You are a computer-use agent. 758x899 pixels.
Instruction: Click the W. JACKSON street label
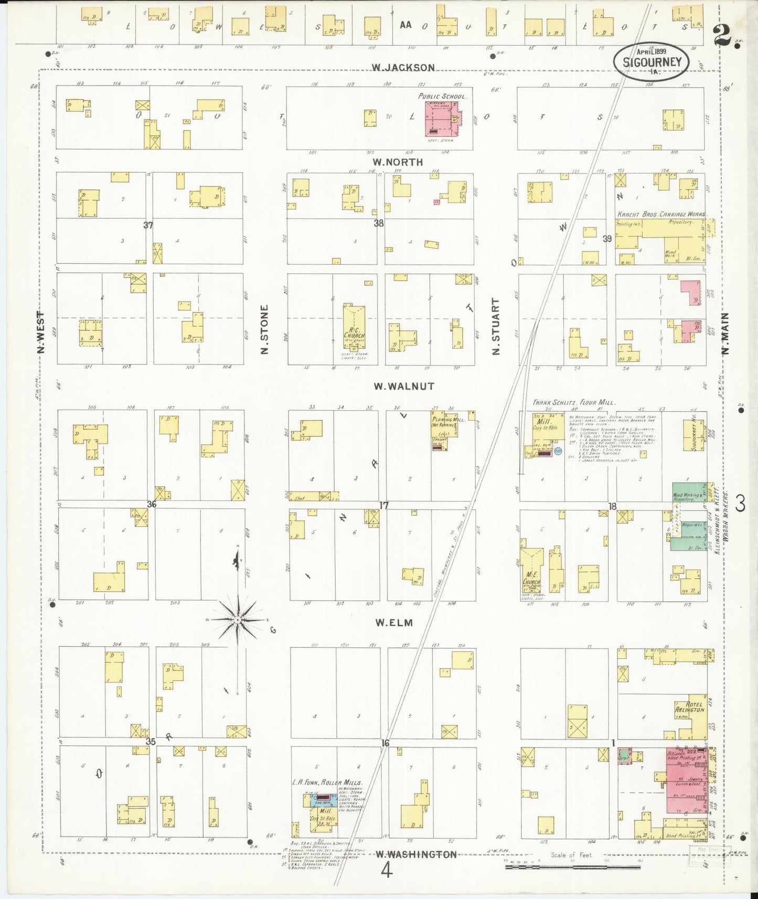point(403,67)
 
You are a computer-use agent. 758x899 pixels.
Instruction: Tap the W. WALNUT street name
point(404,386)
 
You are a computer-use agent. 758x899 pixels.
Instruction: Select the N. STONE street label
point(264,329)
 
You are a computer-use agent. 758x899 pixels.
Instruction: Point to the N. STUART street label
point(495,326)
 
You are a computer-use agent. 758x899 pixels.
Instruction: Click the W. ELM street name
point(393,623)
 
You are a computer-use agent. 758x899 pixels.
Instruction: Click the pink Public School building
point(441,119)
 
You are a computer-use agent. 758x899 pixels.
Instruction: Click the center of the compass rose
point(238,620)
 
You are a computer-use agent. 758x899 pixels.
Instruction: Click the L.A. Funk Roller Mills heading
point(327,783)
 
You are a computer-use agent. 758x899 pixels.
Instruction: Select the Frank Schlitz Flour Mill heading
point(574,402)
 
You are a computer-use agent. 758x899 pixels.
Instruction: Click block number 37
point(148,225)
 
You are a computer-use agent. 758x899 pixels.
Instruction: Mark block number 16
point(385,743)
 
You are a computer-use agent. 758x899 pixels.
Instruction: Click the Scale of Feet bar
point(572,867)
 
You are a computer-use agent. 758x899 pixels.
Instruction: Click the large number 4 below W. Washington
point(387,871)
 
